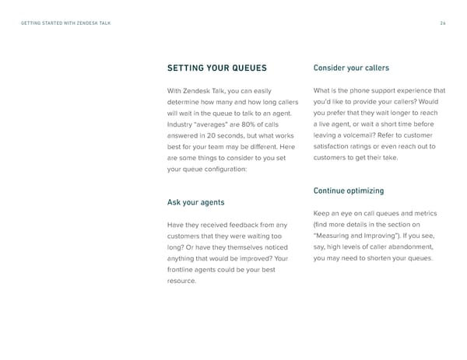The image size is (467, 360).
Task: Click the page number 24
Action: coord(441,23)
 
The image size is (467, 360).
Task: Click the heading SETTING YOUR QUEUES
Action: coord(217,67)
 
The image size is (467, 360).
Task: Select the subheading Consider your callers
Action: coord(350,67)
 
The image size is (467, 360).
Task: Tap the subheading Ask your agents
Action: coord(196,202)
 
